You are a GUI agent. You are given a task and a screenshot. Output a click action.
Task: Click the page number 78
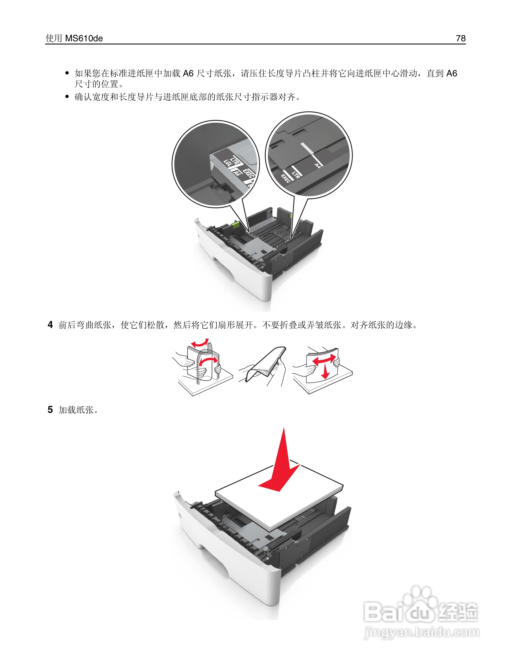(460, 38)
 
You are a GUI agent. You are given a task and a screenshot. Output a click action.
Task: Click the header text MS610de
(84, 38)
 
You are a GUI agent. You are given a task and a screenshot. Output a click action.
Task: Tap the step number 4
(50, 325)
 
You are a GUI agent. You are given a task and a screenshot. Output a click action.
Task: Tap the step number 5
(50, 410)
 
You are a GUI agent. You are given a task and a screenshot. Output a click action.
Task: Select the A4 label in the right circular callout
(317, 165)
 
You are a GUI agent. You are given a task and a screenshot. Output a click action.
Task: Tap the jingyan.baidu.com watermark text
(421, 633)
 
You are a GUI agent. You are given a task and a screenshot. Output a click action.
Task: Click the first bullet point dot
(67, 73)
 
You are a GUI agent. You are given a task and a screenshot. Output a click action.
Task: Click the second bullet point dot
(67, 97)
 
